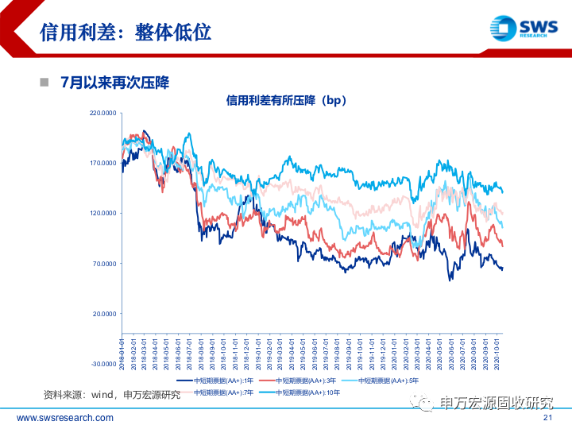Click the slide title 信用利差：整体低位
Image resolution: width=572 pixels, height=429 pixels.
point(125,33)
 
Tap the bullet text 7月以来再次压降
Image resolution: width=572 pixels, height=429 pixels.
point(115,83)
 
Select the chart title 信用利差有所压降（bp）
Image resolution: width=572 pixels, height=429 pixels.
point(286,101)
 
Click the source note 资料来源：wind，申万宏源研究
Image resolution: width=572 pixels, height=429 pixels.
point(112,395)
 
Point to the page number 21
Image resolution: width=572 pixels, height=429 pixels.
point(547,419)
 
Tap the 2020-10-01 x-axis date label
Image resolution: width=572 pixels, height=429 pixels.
point(497,350)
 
